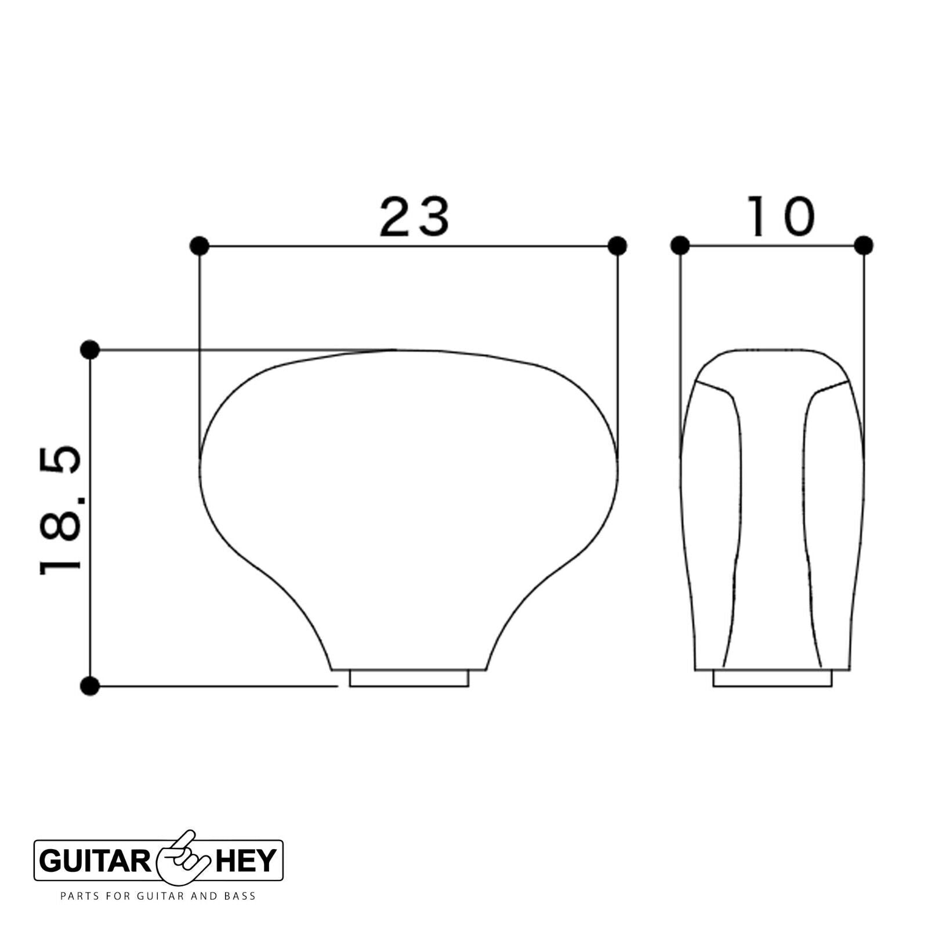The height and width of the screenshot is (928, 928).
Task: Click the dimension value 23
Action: pyautogui.click(x=414, y=217)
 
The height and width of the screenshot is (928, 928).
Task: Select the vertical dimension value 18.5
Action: pyautogui.click(x=60, y=510)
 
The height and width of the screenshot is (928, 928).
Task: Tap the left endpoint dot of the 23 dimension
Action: pyautogui.click(x=200, y=246)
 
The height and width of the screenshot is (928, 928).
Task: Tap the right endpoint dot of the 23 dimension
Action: pyautogui.click(x=618, y=246)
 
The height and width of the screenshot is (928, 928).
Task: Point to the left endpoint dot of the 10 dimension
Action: pyautogui.click(x=680, y=246)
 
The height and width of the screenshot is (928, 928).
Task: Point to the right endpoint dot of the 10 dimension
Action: pyautogui.click(x=864, y=246)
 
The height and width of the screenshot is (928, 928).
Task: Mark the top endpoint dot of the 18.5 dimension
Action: pyautogui.click(x=90, y=350)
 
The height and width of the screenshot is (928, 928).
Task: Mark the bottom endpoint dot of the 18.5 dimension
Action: pyautogui.click(x=90, y=686)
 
